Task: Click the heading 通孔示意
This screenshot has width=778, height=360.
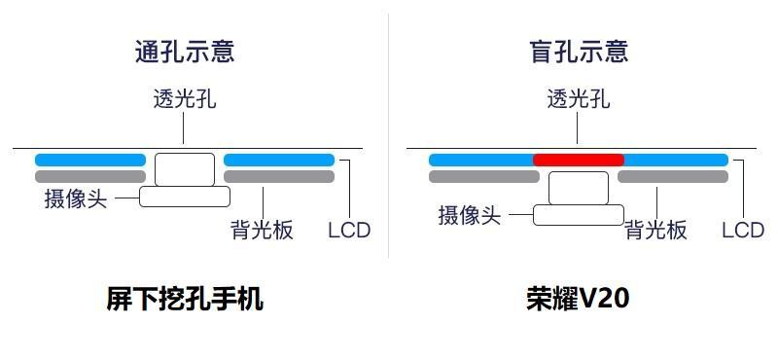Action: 185,51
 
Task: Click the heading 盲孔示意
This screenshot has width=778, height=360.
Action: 579,51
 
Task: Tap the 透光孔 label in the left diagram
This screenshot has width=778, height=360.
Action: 185,98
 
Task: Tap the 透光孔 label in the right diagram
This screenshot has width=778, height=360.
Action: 579,98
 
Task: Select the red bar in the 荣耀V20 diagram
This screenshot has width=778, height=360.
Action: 579,160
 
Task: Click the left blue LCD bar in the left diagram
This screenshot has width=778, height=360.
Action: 90,160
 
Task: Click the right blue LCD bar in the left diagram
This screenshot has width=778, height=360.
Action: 279,160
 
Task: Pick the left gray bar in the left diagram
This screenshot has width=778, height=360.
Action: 90,177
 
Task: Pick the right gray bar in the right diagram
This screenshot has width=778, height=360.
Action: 673,177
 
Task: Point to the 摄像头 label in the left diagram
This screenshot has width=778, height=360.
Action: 76,198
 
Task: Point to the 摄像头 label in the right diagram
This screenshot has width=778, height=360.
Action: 470,215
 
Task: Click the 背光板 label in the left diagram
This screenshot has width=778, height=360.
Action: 262,231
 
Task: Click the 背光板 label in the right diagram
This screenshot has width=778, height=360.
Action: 655,231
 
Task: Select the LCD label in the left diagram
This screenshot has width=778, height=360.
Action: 349,231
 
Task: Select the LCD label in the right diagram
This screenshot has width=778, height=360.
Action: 743,231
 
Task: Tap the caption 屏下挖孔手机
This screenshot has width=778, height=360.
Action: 185,299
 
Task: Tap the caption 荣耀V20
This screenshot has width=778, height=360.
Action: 578,299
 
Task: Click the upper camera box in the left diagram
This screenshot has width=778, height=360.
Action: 185,168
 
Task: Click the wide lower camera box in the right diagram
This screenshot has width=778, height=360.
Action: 579,215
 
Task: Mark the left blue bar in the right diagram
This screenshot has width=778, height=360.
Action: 481,160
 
